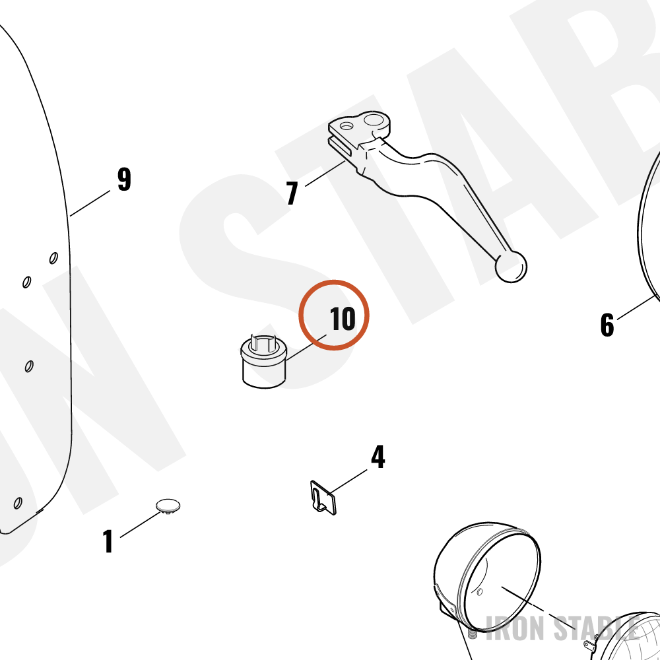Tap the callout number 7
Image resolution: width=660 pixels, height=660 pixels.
[x=292, y=193]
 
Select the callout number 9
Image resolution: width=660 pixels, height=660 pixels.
[x=124, y=180]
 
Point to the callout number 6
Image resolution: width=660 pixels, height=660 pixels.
[x=607, y=325]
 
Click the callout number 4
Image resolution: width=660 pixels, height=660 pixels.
[x=378, y=457]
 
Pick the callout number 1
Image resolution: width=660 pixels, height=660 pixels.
[x=108, y=541]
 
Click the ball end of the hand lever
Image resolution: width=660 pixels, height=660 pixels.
[x=511, y=267]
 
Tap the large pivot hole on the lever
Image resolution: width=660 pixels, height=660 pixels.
[x=374, y=120]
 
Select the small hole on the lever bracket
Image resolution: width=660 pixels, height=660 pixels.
[x=346, y=125]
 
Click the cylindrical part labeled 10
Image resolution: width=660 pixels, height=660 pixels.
[x=264, y=361]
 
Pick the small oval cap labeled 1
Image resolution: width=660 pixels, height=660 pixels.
[x=168, y=506]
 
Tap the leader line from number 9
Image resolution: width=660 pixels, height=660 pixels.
[x=90, y=203]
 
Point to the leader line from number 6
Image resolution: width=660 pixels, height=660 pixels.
[x=636, y=308]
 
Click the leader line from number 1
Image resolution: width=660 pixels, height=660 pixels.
[x=141, y=524]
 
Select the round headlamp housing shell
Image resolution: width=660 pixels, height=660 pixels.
[x=486, y=577]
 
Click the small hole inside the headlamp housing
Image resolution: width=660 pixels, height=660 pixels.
[x=479, y=593]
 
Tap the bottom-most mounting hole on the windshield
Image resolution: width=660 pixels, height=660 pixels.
[x=18, y=503]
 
